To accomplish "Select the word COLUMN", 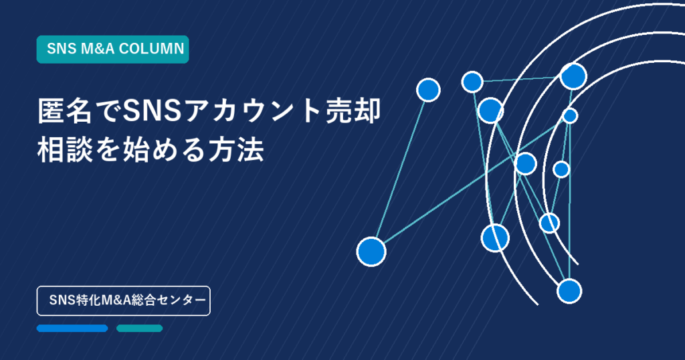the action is [x=152, y=49].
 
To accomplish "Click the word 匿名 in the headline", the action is [x=65, y=112].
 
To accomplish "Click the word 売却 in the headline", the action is [x=353, y=112].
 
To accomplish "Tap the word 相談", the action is [x=65, y=151].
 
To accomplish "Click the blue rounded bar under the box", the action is [x=72, y=328].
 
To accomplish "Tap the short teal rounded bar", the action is [x=139, y=328].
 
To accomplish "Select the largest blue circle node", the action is [x=371, y=252].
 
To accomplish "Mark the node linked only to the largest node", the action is [x=428, y=90].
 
